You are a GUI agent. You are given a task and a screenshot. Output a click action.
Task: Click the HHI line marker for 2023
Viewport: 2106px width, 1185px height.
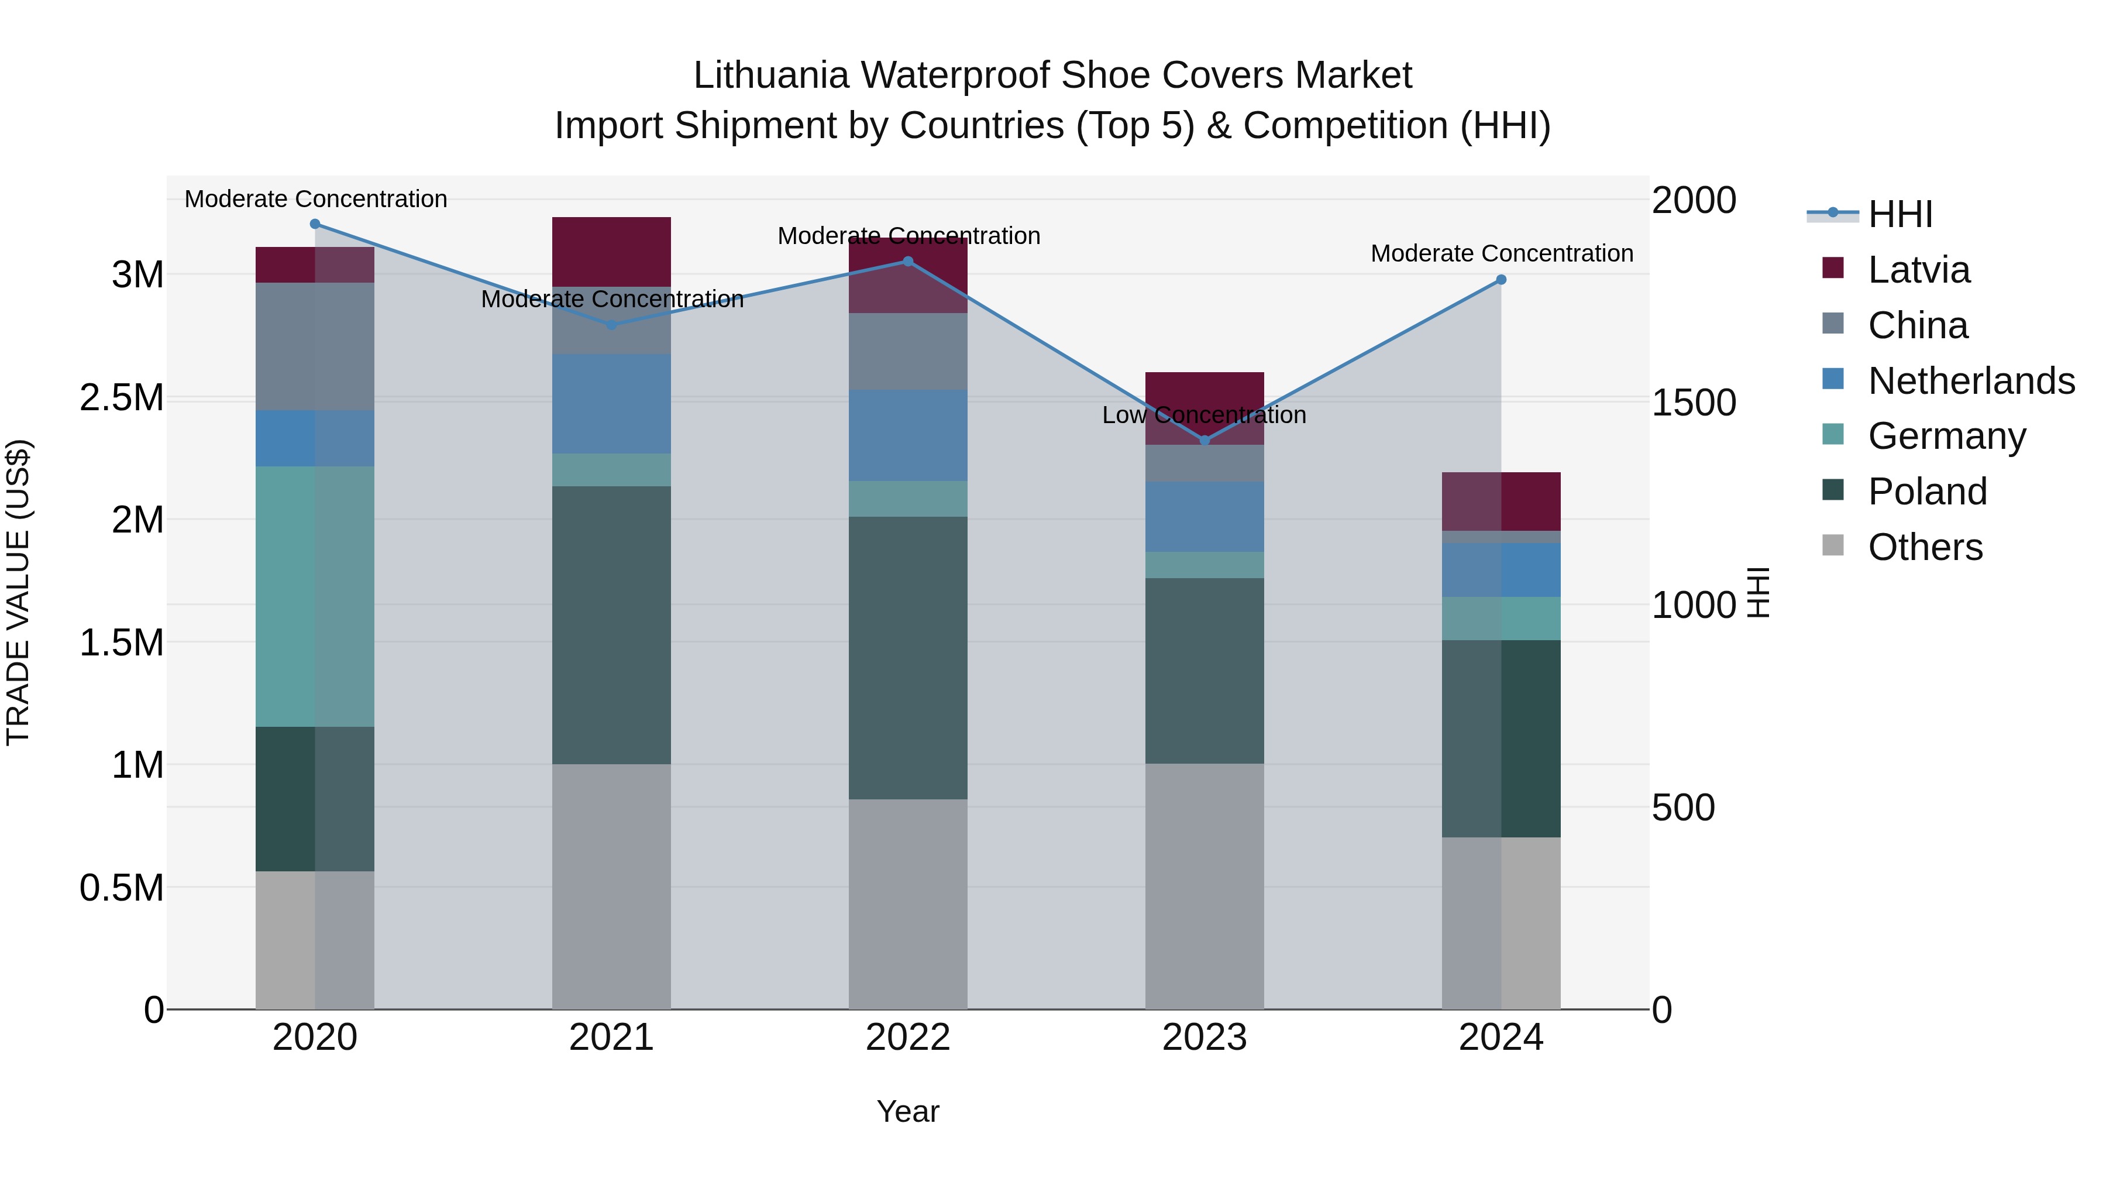1205,441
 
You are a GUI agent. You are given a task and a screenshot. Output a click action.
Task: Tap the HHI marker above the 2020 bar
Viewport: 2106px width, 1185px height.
315,224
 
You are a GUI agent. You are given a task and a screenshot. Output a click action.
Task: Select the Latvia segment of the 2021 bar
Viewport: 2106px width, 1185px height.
611,251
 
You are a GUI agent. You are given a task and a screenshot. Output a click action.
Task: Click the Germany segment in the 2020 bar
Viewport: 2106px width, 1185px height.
315,596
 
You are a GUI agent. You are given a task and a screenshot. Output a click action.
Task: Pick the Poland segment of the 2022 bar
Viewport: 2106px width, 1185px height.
907,658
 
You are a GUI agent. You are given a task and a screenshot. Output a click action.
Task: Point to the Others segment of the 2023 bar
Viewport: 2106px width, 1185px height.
1205,887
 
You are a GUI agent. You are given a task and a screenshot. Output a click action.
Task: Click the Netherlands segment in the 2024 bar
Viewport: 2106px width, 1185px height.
1501,570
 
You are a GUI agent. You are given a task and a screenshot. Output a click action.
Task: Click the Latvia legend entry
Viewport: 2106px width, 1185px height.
1918,270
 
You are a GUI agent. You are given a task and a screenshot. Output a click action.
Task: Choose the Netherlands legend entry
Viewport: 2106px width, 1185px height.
1970,381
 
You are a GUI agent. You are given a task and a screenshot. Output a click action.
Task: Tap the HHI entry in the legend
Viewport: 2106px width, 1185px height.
1899,214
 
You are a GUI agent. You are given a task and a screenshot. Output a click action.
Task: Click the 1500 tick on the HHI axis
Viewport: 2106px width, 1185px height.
1693,403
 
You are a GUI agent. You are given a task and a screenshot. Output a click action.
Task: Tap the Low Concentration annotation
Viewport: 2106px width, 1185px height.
1205,415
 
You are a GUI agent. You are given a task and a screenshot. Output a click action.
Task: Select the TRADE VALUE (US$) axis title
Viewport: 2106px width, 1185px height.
18,592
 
